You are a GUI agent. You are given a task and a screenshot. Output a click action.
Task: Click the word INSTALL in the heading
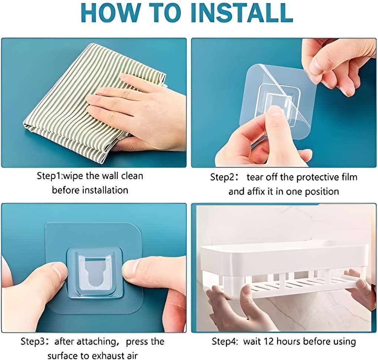pyautogui.click(x=242, y=12)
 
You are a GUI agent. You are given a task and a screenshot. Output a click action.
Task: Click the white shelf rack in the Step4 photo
pyautogui.click(x=285, y=270)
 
